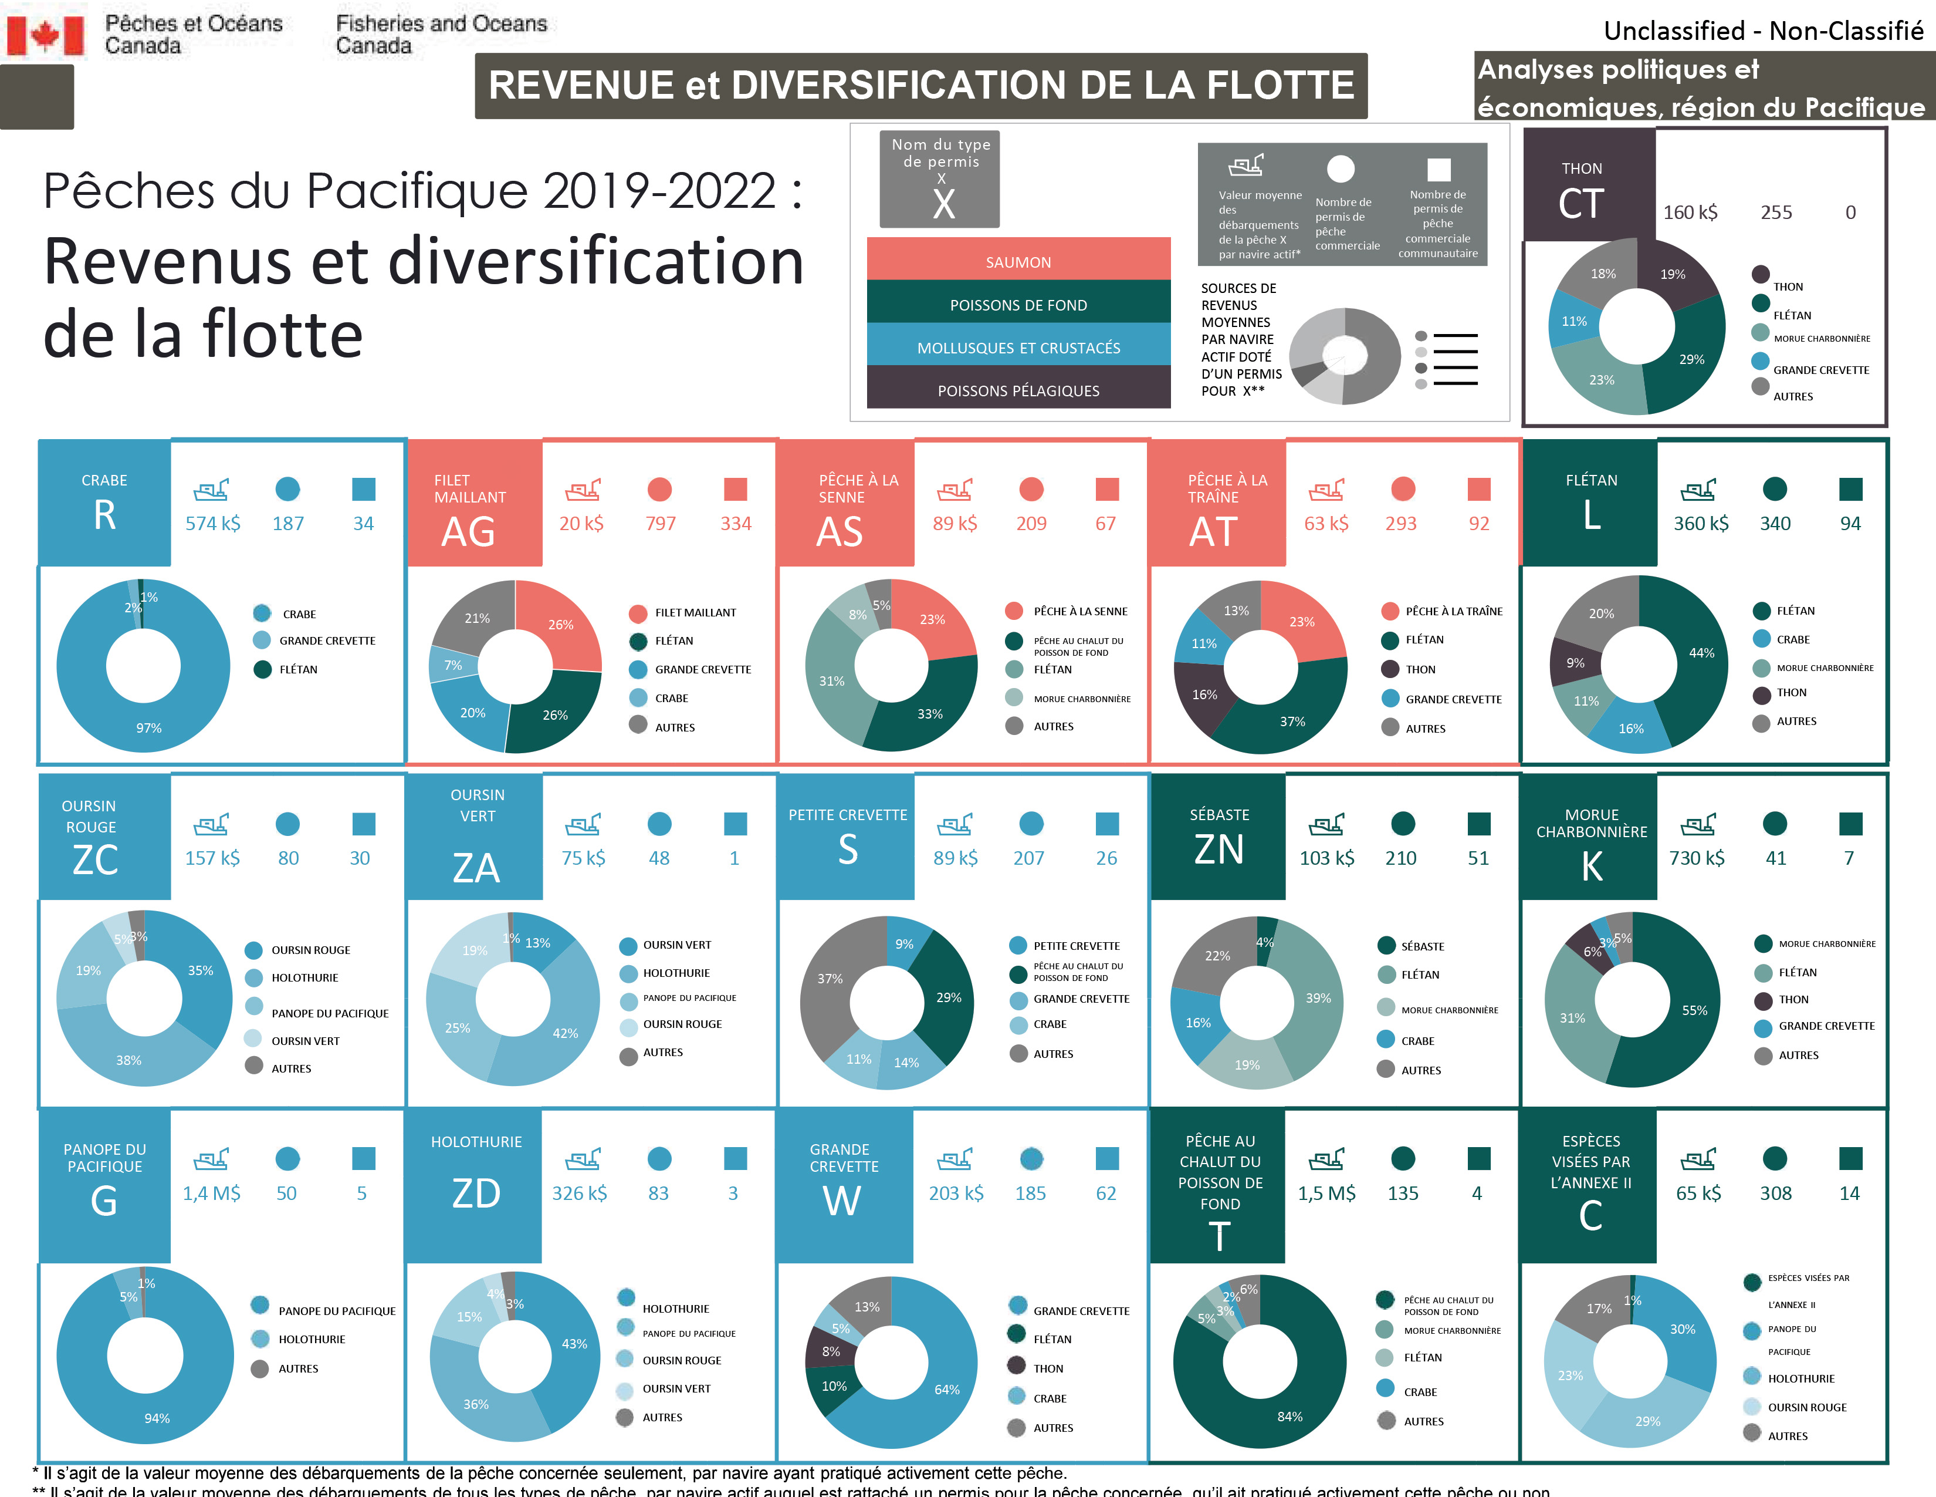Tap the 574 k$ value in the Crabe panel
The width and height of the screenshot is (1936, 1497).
pyautogui.click(x=213, y=523)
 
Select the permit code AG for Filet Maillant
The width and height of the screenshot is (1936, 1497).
pyautogui.click(x=468, y=531)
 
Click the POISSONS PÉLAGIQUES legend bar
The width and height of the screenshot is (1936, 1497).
pyautogui.click(x=1018, y=390)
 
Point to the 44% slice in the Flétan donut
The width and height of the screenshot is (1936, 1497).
pyautogui.click(x=1698, y=656)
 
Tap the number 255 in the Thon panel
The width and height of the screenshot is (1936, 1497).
pyautogui.click(x=1776, y=212)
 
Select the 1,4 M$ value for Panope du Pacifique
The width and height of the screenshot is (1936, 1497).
pyautogui.click(x=212, y=1193)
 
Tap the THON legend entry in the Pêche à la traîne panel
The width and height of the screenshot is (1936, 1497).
pyautogui.click(x=1420, y=670)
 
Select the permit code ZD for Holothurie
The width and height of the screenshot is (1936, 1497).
pyautogui.click(x=476, y=1193)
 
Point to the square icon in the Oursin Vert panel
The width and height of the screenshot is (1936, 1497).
pyautogui.click(x=735, y=824)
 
